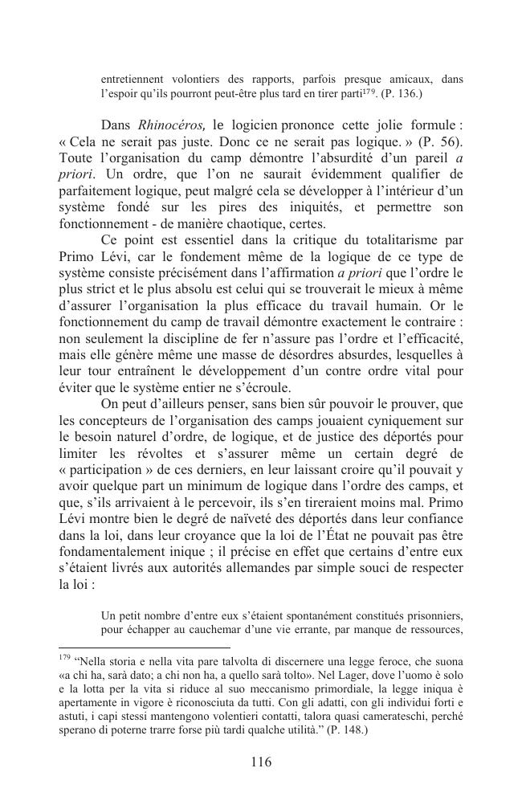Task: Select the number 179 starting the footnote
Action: coord(65,658)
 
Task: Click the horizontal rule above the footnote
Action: coord(145,647)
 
